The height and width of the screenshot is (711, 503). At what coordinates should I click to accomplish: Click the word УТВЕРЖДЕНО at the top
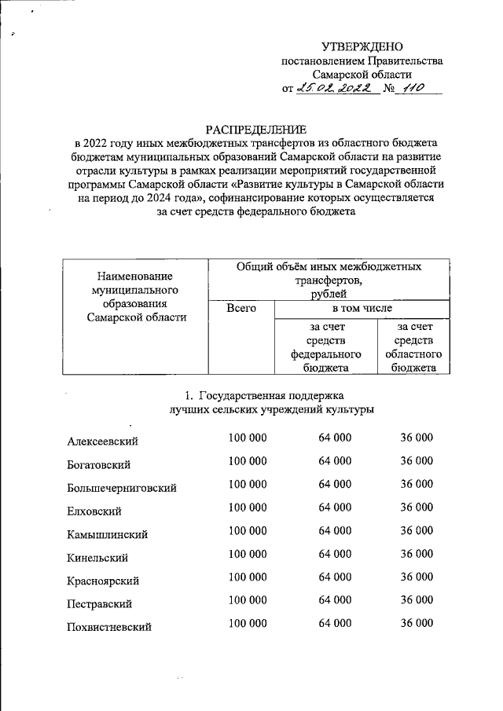coord(362,47)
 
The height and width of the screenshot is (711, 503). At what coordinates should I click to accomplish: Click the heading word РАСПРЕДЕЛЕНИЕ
coord(251,128)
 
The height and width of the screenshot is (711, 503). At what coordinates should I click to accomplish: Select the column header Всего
coord(240,309)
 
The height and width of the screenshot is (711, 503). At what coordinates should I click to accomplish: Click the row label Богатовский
coord(98,465)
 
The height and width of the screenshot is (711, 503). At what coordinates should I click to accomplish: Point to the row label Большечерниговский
coord(122,489)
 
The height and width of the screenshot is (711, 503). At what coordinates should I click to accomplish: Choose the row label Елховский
coord(94,511)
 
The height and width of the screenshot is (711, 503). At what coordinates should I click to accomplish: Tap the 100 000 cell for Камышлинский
coord(248,530)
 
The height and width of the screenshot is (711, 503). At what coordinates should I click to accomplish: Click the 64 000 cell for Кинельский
coord(335,554)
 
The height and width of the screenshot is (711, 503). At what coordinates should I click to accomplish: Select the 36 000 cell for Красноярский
coord(417,577)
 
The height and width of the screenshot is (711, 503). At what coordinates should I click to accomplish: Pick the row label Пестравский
coord(98,604)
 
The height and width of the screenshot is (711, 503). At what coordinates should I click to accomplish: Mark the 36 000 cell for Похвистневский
coord(417,624)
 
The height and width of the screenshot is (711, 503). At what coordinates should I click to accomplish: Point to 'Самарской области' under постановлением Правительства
coord(362,75)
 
